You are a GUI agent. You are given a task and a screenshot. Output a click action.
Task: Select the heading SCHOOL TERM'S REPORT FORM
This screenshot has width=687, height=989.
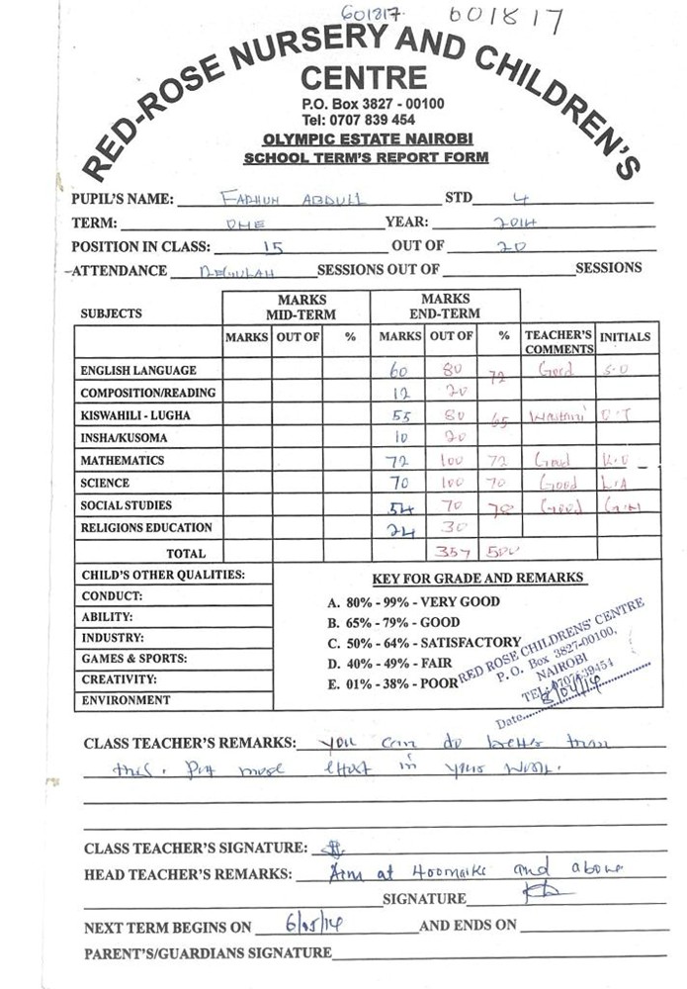[366, 157]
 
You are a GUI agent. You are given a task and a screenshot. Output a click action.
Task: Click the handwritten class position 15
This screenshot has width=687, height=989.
[274, 247]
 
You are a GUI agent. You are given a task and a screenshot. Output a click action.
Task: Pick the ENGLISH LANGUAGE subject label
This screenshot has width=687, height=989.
[137, 370]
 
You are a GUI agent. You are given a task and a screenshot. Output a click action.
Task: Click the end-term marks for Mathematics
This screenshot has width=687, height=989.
[397, 461]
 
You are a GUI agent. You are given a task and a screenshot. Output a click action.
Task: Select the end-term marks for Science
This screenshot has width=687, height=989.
[397, 484]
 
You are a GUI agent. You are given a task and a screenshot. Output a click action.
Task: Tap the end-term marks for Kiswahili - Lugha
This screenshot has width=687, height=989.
[397, 415]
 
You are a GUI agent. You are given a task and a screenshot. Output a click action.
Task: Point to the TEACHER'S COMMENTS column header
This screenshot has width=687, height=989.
[558, 342]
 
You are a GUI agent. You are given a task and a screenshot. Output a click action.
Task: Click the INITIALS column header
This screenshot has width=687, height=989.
[626, 337]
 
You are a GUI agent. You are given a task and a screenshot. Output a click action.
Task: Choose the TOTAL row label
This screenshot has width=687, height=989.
[186, 554]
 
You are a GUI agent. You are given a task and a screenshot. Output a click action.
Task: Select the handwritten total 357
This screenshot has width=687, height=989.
[452, 553]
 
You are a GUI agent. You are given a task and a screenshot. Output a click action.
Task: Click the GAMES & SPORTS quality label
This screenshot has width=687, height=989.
[134, 659]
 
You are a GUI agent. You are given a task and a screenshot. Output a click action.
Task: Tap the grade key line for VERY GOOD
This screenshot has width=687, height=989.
[413, 601]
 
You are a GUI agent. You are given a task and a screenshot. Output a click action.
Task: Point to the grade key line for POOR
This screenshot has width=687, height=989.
[392, 683]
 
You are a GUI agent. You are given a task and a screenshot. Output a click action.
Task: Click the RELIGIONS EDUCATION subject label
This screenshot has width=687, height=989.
[146, 528]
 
